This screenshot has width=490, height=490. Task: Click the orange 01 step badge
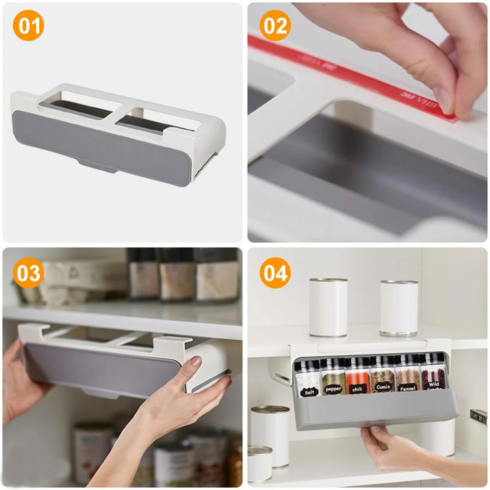tap(28, 25)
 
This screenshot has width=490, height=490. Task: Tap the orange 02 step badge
tap(275, 25)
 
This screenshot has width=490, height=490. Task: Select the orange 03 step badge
tap(28, 272)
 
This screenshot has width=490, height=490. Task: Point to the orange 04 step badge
tap(275, 272)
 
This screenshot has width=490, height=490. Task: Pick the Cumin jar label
tap(383, 387)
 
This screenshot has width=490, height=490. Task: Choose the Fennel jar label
tap(408, 386)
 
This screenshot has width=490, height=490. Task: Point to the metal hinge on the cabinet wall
tap(478, 416)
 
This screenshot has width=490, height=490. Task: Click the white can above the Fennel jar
tap(399, 308)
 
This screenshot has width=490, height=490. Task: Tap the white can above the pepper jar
tap(328, 307)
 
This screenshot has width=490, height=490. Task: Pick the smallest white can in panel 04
tap(260, 464)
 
